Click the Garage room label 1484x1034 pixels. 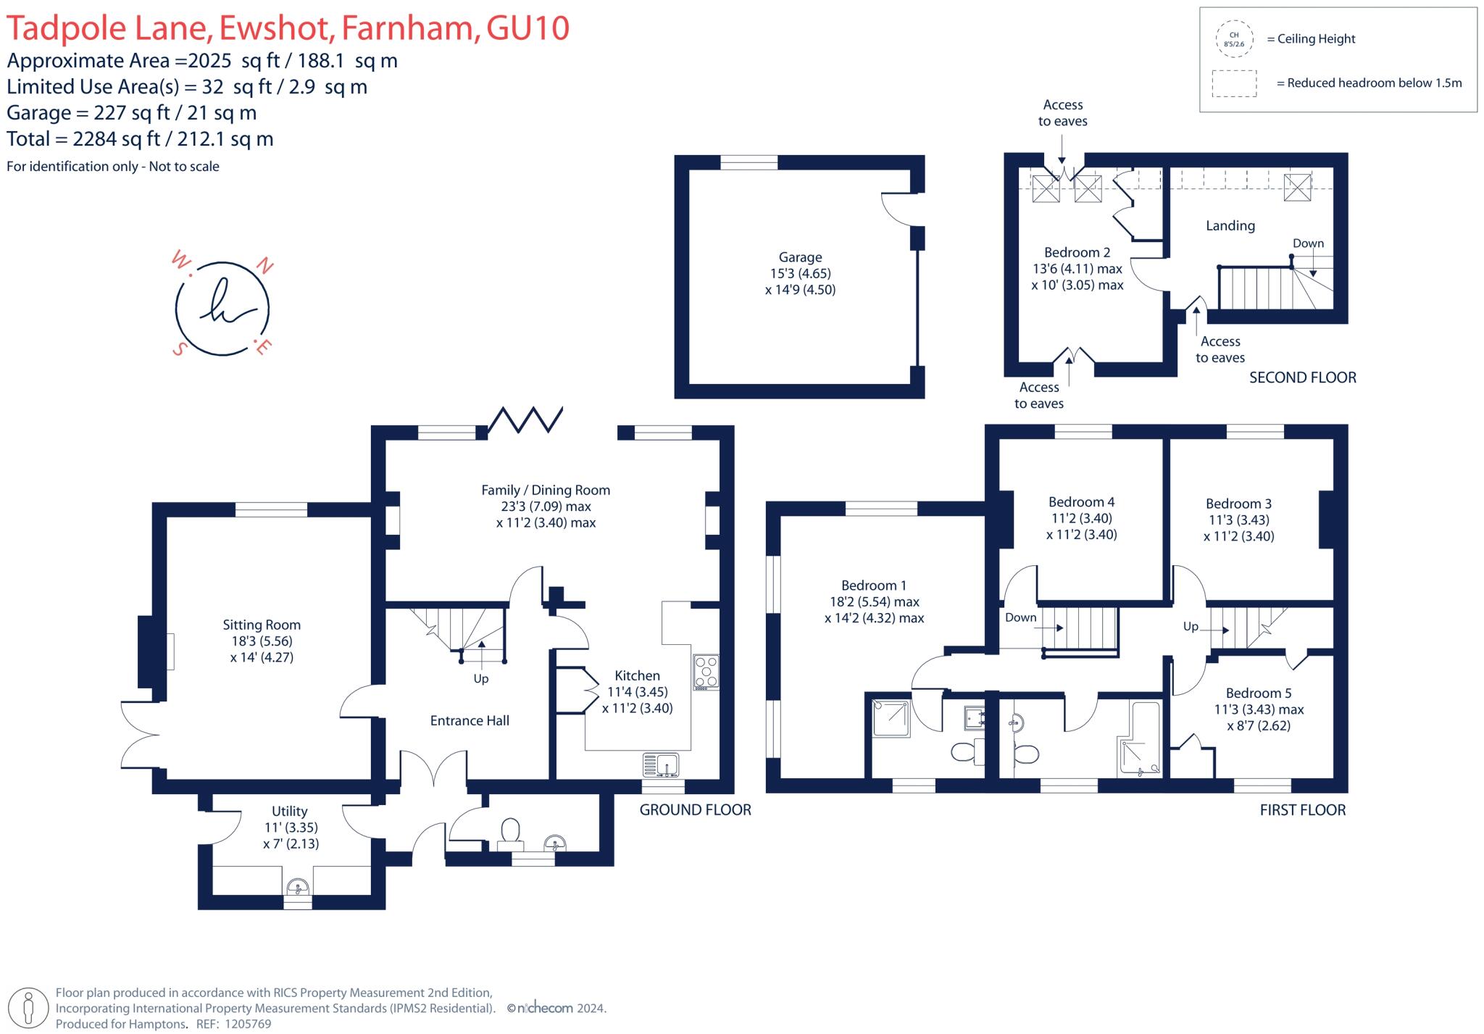pyautogui.click(x=800, y=257)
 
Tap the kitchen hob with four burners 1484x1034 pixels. pyautogui.click(x=706, y=672)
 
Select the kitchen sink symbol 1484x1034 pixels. pyautogui.click(x=660, y=764)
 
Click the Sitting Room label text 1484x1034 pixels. pyautogui.click(x=261, y=625)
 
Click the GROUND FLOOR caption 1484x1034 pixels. pyautogui.click(x=694, y=810)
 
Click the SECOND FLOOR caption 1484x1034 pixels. pyautogui.click(x=1302, y=378)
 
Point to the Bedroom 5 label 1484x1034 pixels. pyautogui.click(x=1258, y=693)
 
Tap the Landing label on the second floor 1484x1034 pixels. pyautogui.click(x=1230, y=226)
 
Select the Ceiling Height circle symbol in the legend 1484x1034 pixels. pyautogui.click(x=1233, y=39)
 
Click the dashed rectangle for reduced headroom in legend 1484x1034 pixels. pyautogui.click(x=1234, y=83)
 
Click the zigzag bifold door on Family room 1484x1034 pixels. pyautogui.click(x=525, y=420)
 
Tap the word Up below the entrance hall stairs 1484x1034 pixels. pyautogui.click(x=481, y=679)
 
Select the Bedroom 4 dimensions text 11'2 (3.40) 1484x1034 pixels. pyautogui.click(x=1081, y=518)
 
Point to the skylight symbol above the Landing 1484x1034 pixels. pyautogui.click(x=1297, y=188)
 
